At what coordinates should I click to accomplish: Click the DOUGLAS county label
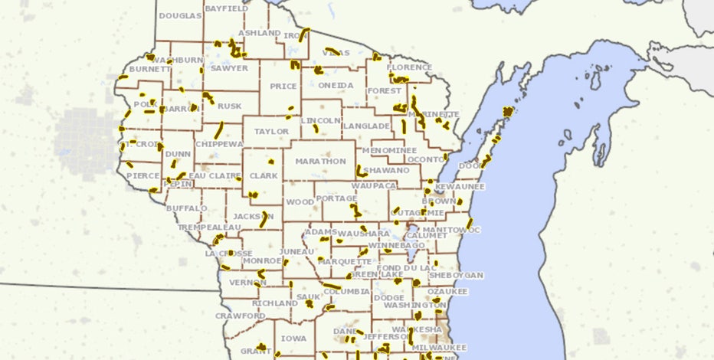point(180,16)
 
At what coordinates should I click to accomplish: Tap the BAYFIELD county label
point(227,8)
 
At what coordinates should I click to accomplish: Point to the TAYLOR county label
point(272,132)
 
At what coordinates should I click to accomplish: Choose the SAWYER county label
point(229,68)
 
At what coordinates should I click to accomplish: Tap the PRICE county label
point(283,87)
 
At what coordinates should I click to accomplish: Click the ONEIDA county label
point(336,85)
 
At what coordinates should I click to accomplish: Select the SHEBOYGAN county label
point(456,275)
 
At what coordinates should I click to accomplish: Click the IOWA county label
point(293,338)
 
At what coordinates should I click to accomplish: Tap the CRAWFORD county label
point(240,316)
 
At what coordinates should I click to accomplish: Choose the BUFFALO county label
point(187,208)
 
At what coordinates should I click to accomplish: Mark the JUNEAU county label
point(296,251)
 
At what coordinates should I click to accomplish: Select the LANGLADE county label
point(366,126)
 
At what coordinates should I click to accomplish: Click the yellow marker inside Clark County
point(270,162)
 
